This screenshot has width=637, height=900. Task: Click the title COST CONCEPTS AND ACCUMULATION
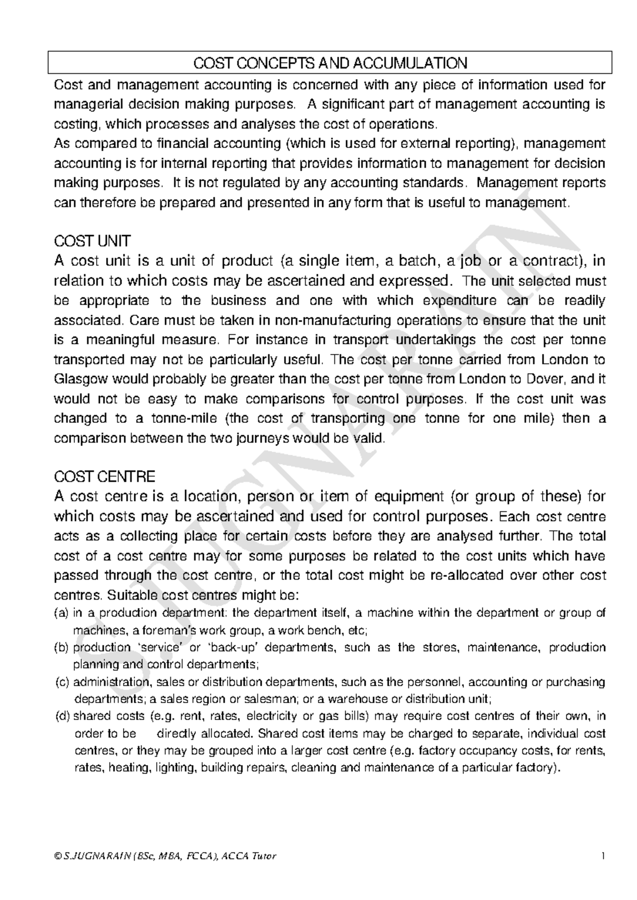point(330,64)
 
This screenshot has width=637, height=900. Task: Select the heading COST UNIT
point(92,241)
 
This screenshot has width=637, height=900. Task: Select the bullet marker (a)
point(62,613)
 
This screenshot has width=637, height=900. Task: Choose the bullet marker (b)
point(62,648)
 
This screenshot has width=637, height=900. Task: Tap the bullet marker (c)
point(62,682)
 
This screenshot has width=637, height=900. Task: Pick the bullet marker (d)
point(62,716)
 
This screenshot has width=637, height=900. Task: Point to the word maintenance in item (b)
point(505,648)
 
